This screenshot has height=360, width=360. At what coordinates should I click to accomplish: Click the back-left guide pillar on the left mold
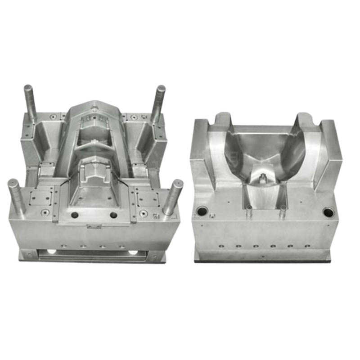pos(30,101)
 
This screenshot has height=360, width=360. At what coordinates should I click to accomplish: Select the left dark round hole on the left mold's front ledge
pos(75,215)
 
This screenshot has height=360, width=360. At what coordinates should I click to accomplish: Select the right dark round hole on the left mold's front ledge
pos(113,215)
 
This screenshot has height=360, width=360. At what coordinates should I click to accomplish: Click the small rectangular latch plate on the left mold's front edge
pos(94,226)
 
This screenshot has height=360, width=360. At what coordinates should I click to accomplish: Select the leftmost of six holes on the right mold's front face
pos(221,246)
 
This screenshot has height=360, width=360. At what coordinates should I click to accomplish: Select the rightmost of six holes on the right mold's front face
pos(307,246)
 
